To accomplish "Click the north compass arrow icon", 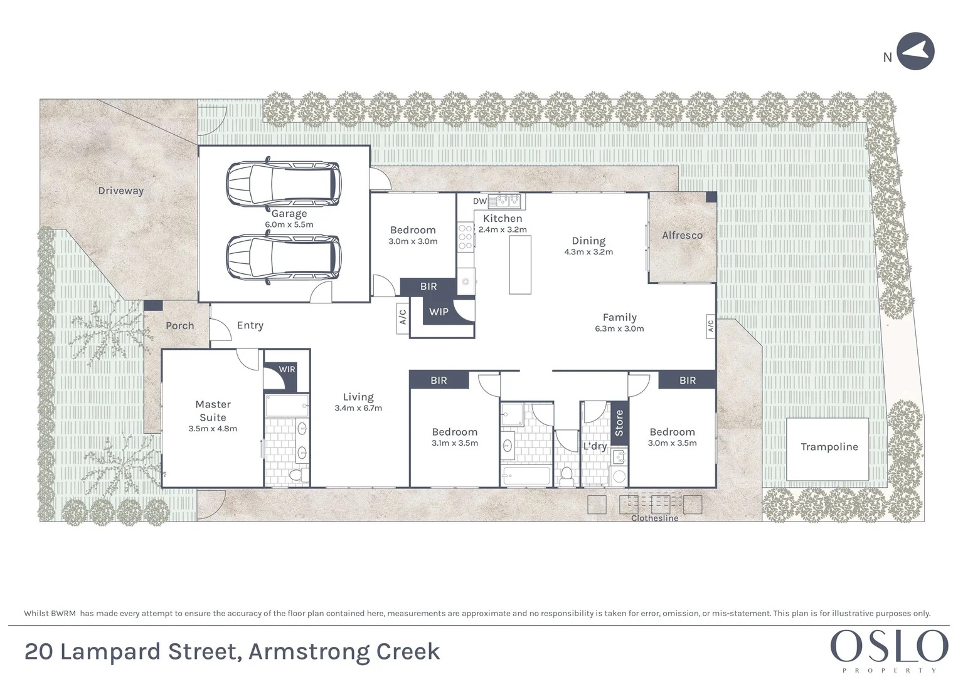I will point(915,51).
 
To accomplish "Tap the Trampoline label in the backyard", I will point(829,447).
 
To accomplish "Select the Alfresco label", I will point(682,236).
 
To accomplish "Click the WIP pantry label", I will point(439,312).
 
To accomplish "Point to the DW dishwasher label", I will point(479,201).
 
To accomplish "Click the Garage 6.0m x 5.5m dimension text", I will point(289,224).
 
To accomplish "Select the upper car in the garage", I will point(283,184).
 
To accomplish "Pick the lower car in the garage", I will point(283,258).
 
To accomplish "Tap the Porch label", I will point(179,326).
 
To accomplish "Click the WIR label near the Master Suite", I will point(287,369).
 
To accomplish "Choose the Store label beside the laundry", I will point(619,423).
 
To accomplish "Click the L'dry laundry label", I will point(595,446).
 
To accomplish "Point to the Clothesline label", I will point(654,518).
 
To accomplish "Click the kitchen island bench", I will point(520,265).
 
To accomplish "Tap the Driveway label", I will point(120,191).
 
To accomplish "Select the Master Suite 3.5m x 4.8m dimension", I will point(213,429).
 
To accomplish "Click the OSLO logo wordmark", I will point(889,646).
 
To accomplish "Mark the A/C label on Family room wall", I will point(710,326).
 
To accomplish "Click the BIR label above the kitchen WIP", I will point(428,286).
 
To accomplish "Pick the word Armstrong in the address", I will point(309,652).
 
